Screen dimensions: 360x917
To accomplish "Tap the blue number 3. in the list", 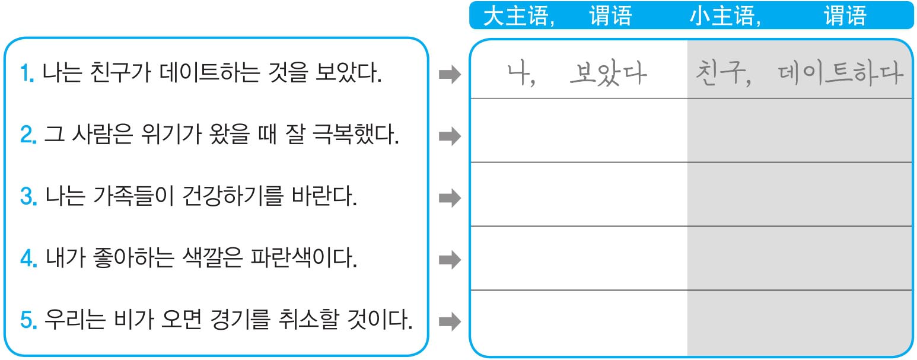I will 28,197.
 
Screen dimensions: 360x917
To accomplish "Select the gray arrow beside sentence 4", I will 449,259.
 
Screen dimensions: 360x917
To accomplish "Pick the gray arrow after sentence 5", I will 449,321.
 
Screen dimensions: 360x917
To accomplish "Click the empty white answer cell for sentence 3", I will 579,194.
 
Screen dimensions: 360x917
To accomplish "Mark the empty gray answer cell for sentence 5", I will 800,321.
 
